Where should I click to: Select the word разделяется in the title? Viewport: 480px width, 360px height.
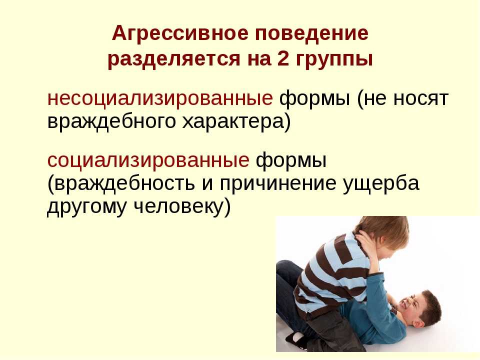[x=174, y=59]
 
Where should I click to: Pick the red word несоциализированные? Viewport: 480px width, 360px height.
[x=160, y=99]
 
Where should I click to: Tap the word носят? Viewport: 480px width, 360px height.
[x=420, y=99]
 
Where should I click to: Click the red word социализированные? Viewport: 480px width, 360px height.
[x=148, y=160]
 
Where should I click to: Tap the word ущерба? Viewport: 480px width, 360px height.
[x=381, y=183]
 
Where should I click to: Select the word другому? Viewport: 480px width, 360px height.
[x=86, y=207]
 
